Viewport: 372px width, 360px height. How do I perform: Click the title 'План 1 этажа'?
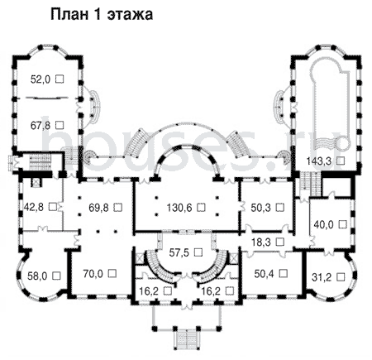pyautogui.click(x=102, y=14)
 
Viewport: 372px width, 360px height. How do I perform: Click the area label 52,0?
pyautogui.click(x=41, y=79)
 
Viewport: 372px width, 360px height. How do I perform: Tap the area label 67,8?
pyautogui.click(x=41, y=126)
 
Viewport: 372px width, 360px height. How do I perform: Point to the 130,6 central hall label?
pyautogui.click(x=179, y=207)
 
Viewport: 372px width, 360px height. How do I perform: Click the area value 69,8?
pyautogui.click(x=98, y=207)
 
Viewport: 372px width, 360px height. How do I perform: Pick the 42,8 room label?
pyautogui.click(x=34, y=207)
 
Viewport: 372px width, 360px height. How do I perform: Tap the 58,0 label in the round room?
pyautogui.click(x=37, y=276)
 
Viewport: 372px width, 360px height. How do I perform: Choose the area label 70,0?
pyautogui.click(x=93, y=274)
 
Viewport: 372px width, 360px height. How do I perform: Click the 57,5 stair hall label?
pyautogui.click(x=179, y=252)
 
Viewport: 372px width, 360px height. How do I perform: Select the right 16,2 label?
pyautogui.click(x=212, y=290)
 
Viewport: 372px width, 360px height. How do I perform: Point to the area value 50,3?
pyautogui.click(x=260, y=207)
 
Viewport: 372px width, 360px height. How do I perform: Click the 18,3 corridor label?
pyautogui.click(x=261, y=242)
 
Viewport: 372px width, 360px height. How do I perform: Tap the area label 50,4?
pyautogui.click(x=264, y=274)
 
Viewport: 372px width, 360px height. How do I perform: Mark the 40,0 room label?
pyautogui.click(x=324, y=224)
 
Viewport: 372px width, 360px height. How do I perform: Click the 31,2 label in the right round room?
pyautogui.click(x=322, y=276)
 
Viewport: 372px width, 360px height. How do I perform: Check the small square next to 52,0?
pyautogui.click(x=60, y=79)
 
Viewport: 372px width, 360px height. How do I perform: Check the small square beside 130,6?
pyautogui.click(x=202, y=207)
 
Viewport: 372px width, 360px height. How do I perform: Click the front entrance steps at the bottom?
pyautogui.click(x=187, y=340)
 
